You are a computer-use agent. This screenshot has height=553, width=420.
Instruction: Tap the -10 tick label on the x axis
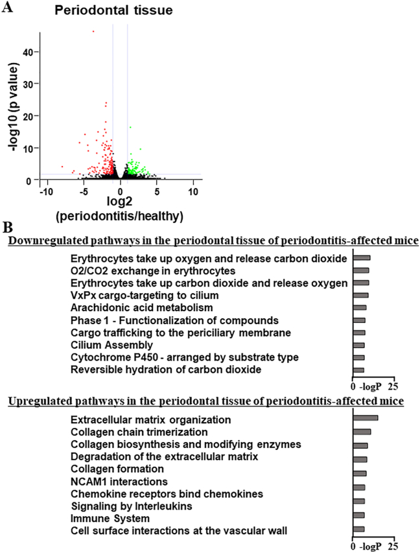click(x=45, y=193)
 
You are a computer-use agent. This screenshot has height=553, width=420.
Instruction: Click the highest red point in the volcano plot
click(x=93, y=31)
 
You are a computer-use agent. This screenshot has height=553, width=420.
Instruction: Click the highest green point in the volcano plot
click(x=130, y=128)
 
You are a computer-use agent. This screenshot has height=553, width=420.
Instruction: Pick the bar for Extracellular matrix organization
click(x=365, y=418)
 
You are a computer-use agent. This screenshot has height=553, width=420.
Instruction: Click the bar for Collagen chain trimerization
click(x=362, y=431)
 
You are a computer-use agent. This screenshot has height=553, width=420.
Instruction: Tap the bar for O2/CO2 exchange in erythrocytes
click(x=360, y=270)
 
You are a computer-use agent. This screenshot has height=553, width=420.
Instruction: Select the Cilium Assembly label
click(x=112, y=345)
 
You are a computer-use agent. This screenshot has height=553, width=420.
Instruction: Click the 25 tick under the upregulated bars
click(x=393, y=547)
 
